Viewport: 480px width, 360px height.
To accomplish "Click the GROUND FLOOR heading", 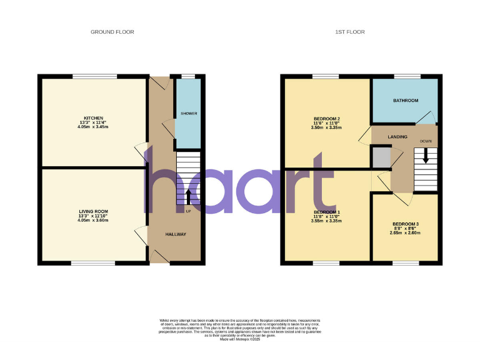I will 112,32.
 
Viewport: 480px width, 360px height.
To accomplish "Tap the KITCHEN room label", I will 94,118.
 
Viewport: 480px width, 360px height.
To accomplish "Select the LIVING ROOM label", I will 94,212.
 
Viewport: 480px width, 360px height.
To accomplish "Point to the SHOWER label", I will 189,114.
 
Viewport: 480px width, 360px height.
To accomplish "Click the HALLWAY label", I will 176,234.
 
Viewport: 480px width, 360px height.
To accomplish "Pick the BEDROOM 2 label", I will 326,119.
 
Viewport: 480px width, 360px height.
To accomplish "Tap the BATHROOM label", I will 406,100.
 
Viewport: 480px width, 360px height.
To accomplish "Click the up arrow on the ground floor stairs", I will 188,196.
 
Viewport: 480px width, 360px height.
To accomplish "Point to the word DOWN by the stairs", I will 426,141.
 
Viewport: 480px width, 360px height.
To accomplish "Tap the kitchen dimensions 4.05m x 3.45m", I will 94,127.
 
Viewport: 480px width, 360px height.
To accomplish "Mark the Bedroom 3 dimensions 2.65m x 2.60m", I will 406,233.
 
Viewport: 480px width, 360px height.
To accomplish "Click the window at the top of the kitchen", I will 94,76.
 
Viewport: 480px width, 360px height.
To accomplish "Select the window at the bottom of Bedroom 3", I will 406,263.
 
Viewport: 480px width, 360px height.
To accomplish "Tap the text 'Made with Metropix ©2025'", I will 240,339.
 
